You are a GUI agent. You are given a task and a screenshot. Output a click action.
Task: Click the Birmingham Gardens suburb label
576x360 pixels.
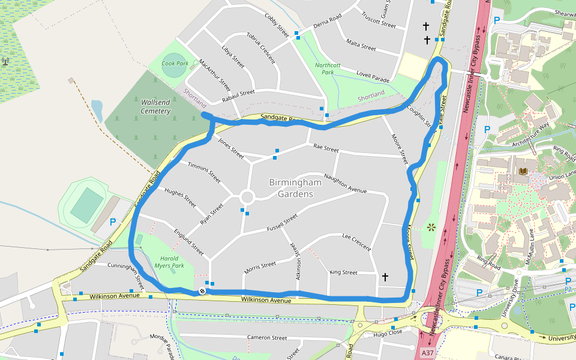tap(291, 188)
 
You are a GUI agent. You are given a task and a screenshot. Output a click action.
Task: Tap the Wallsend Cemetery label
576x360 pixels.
tap(155, 106)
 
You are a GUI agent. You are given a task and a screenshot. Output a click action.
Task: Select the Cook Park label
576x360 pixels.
tap(175, 63)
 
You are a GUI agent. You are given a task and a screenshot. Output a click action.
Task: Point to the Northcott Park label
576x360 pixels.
tap(328, 68)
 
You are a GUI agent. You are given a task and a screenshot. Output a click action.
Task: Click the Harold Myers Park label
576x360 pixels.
tap(167, 262)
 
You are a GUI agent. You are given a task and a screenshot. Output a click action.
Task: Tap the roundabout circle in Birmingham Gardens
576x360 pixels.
tap(247, 197)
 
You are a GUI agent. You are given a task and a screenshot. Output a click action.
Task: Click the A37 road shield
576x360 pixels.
tap(427, 353)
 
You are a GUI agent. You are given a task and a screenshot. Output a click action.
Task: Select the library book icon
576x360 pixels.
tap(523, 172)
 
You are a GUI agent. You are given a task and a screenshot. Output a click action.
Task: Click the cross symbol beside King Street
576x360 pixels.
tap(385, 277)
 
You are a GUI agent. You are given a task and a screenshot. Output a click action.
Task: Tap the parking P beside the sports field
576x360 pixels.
tap(113, 222)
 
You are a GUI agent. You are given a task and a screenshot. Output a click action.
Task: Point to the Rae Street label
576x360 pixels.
tap(326, 148)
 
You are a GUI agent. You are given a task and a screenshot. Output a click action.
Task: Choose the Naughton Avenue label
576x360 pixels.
tap(345, 184)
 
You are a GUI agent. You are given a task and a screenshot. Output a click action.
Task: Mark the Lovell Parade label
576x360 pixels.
tap(373, 77)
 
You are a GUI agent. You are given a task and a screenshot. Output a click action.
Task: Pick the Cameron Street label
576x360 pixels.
tap(267, 338)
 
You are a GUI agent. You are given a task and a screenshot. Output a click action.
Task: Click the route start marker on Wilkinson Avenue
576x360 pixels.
tap(202, 292)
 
